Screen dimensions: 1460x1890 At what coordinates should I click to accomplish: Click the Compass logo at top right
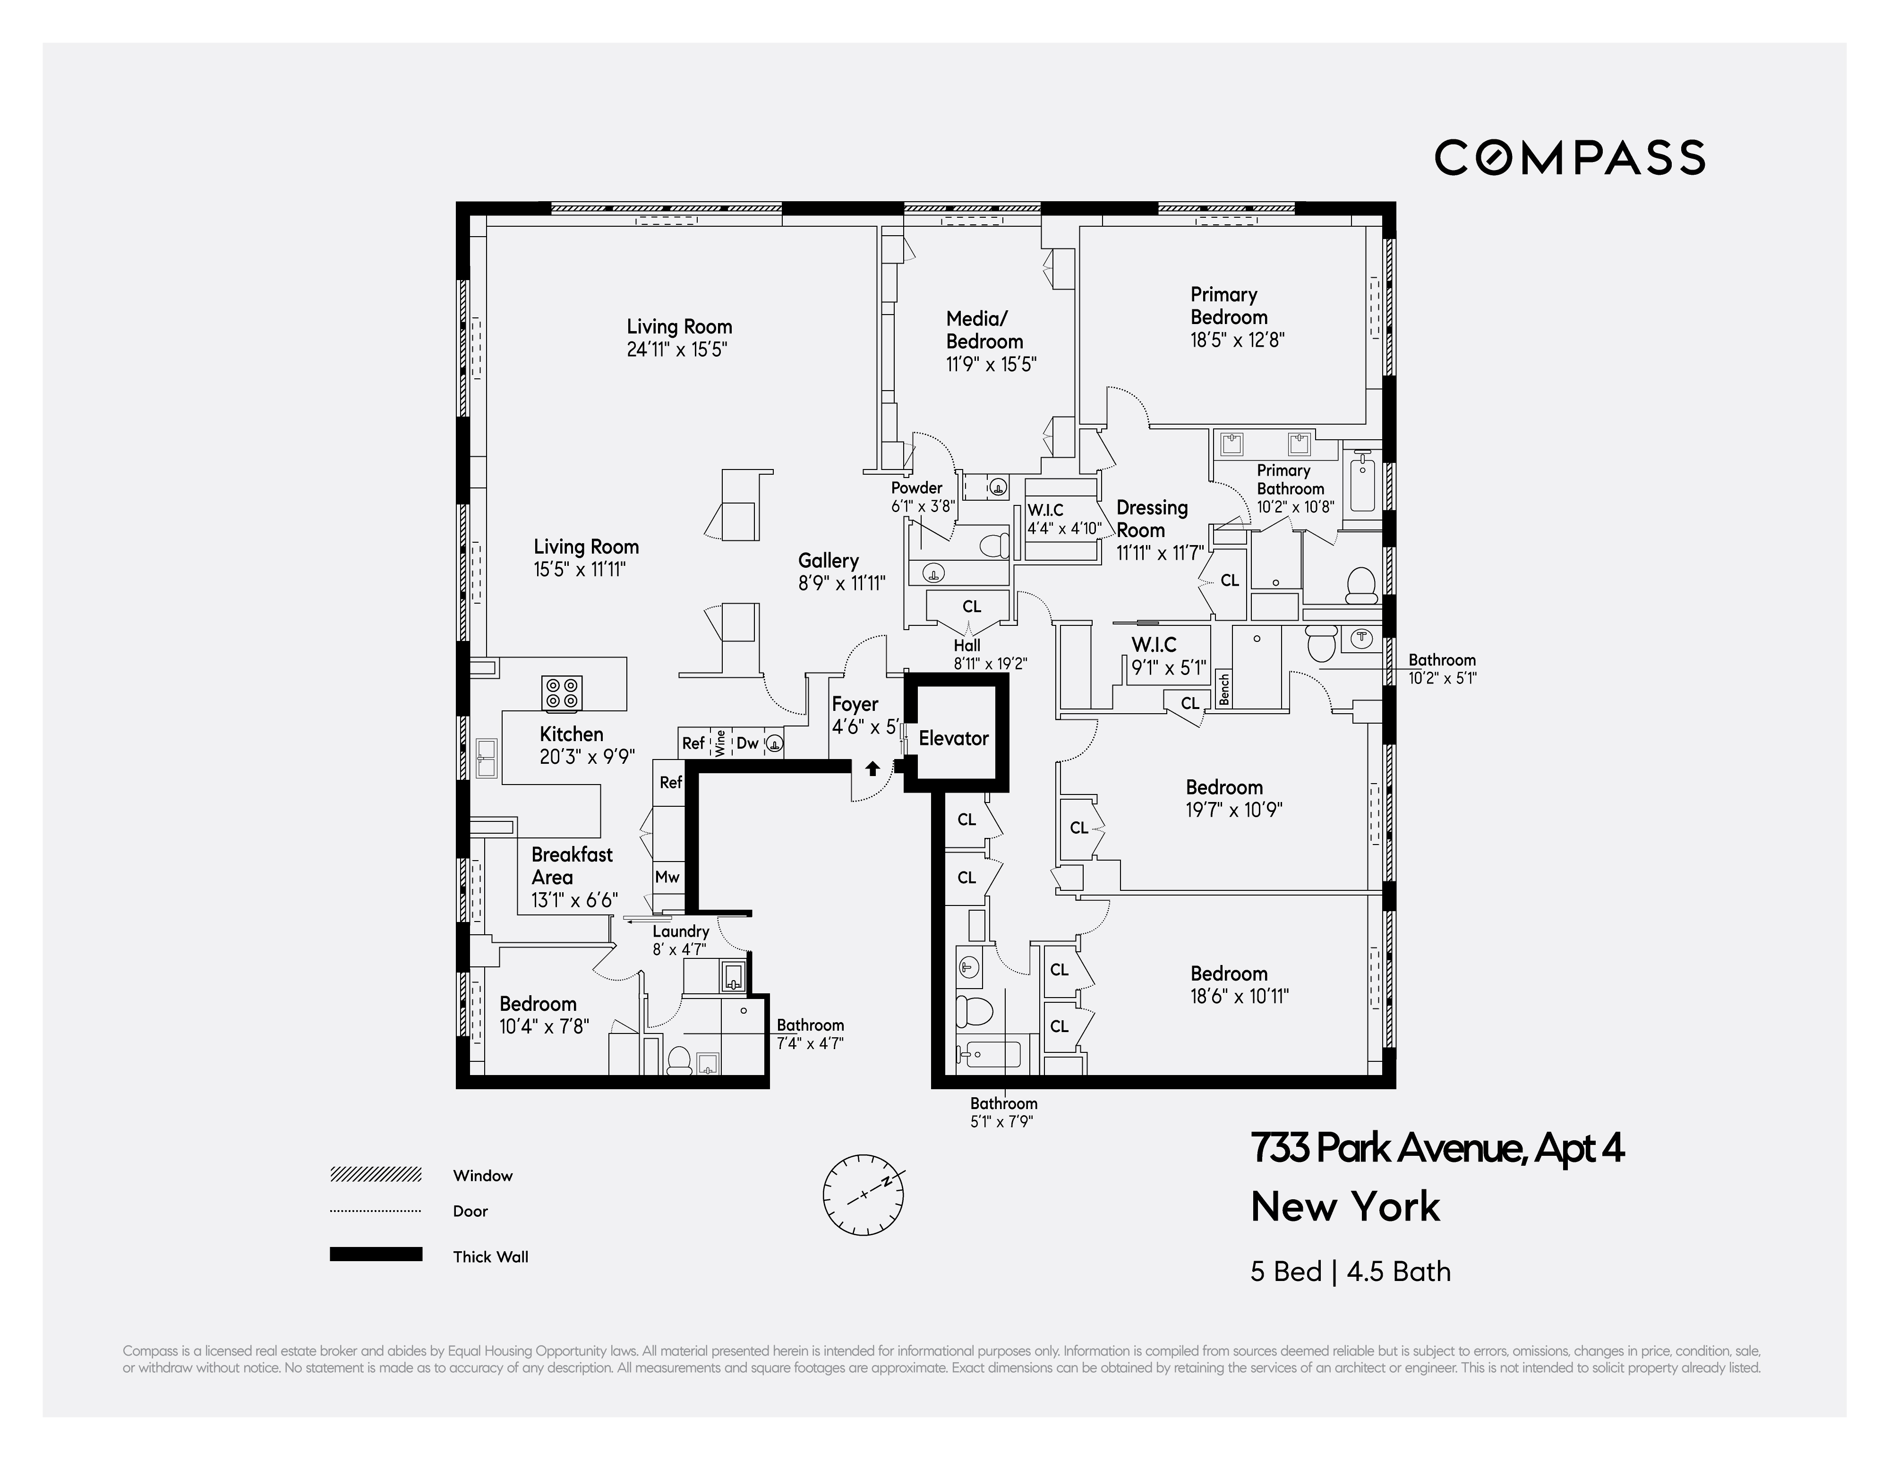[1569, 157]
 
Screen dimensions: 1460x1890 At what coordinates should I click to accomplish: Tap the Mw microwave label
[667, 877]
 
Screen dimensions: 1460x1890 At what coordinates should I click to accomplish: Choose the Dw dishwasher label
[747, 743]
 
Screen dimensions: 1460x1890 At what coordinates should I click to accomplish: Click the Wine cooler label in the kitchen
[720, 743]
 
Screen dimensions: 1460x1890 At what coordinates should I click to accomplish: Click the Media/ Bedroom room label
[984, 330]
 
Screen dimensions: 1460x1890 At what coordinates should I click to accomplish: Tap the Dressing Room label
[1152, 519]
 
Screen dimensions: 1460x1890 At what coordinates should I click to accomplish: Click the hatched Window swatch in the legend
[376, 1174]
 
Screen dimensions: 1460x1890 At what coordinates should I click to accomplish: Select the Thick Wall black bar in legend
[376, 1254]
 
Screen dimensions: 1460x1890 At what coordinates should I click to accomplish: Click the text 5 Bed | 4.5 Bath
[1350, 1272]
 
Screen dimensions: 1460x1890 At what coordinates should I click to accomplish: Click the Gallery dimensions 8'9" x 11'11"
[841, 583]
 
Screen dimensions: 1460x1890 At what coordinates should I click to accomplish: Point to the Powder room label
[916, 487]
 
